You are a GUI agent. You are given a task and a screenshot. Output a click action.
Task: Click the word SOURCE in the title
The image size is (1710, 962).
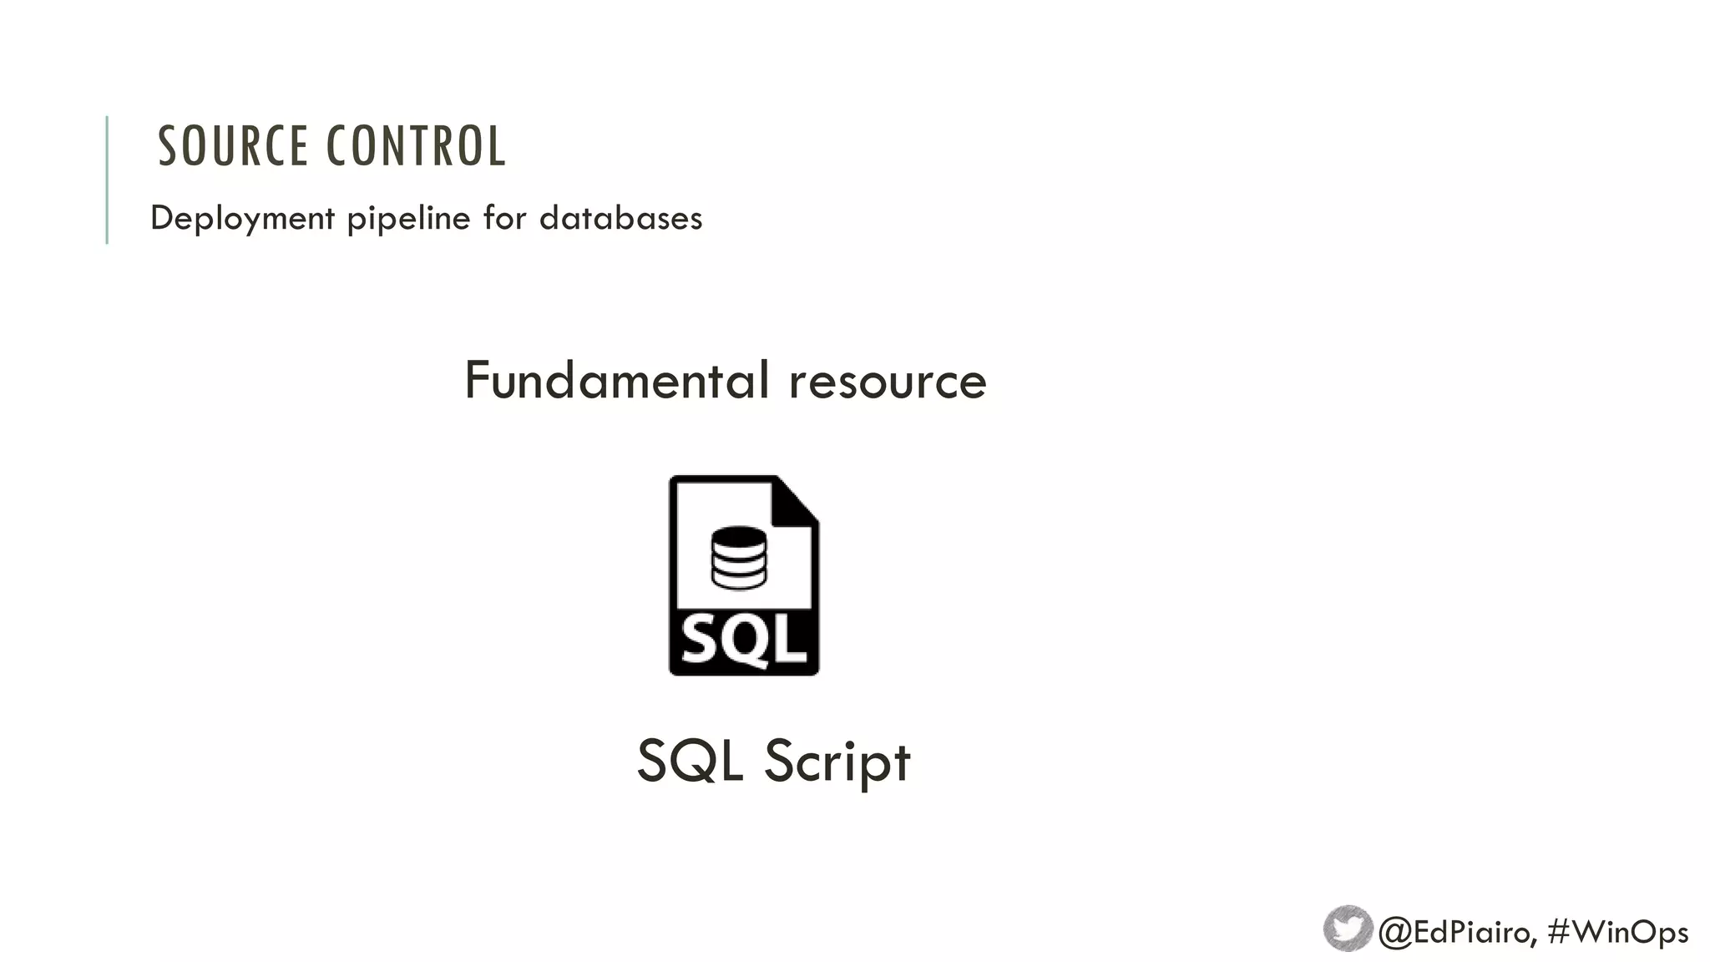(233, 146)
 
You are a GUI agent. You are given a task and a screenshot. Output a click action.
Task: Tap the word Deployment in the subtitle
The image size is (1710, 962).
(242, 219)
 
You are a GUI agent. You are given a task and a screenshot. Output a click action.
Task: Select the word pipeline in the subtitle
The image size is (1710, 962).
(408, 219)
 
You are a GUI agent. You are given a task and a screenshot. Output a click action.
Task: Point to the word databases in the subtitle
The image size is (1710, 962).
(620, 218)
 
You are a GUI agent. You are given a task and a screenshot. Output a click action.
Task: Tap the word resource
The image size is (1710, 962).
(888, 382)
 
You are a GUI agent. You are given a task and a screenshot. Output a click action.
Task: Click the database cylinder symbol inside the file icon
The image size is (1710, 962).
(738, 558)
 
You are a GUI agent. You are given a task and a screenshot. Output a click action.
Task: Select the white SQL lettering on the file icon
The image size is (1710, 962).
(743, 641)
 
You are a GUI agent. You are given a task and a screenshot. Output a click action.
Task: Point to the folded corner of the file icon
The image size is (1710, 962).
(796, 501)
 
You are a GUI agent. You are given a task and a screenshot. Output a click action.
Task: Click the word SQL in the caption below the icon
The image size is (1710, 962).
(690, 761)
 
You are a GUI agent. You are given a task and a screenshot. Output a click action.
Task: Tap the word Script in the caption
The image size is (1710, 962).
(837, 762)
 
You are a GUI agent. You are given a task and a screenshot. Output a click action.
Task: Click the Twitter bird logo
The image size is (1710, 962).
(1348, 928)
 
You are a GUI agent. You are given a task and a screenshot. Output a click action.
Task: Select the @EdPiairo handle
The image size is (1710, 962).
(1456, 931)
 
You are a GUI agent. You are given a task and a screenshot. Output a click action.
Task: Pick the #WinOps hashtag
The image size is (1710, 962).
(1617, 931)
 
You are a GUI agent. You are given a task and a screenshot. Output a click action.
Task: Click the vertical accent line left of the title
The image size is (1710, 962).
(107, 180)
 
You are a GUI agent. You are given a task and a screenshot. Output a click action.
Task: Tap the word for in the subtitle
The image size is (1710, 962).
(503, 218)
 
